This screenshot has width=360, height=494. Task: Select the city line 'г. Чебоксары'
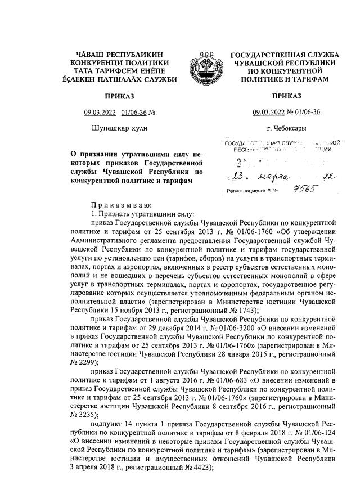(287, 128)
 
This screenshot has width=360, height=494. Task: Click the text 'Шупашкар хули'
(119, 128)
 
